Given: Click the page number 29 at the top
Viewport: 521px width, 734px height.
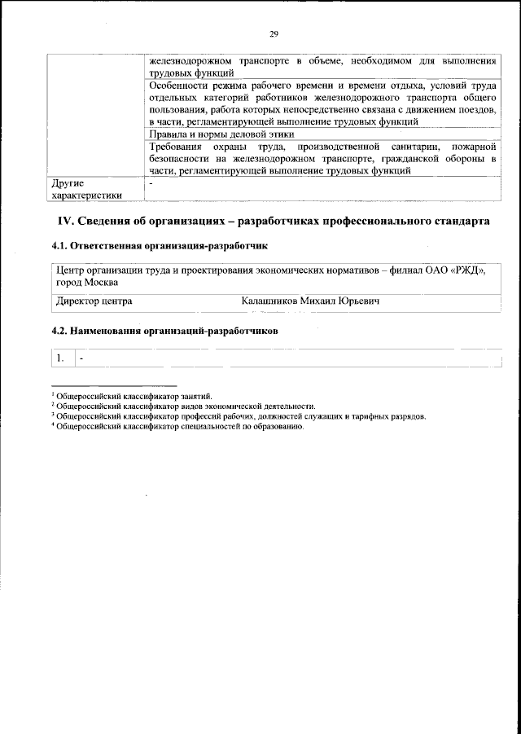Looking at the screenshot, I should click(x=274, y=33).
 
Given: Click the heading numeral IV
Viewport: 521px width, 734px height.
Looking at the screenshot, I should click(x=64, y=222).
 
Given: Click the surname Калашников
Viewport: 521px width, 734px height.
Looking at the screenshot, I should click(x=269, y=301).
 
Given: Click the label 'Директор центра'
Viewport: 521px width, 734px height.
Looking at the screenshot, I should click(x=94, y=301).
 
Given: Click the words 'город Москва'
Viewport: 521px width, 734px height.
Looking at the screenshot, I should click(x=86, y=282).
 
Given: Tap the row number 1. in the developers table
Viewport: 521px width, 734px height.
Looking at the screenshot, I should click(x=61, y=358).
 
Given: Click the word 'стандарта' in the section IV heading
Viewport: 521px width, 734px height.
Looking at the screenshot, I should click(x=459, y=222).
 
